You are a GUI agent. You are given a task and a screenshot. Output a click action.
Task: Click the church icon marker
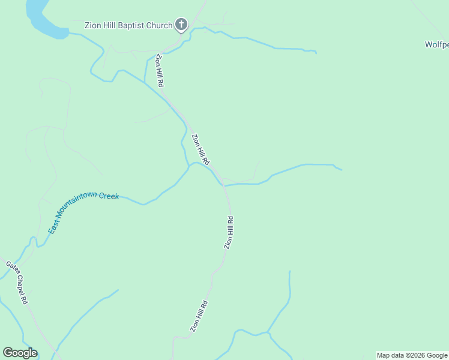pos(181,25)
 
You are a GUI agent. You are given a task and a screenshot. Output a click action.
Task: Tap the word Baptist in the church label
pos(127,25)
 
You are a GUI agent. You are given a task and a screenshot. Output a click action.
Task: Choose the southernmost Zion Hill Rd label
pos(199,316)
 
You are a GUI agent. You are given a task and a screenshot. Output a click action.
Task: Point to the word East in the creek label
pos(53,228)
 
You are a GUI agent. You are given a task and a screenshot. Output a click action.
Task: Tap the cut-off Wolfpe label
pos(436,44)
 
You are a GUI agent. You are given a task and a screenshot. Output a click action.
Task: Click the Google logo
pos(20,353)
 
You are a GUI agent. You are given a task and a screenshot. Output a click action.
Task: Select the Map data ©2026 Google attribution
pos(412,355)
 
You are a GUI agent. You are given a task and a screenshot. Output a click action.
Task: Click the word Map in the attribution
pos(384,355)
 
